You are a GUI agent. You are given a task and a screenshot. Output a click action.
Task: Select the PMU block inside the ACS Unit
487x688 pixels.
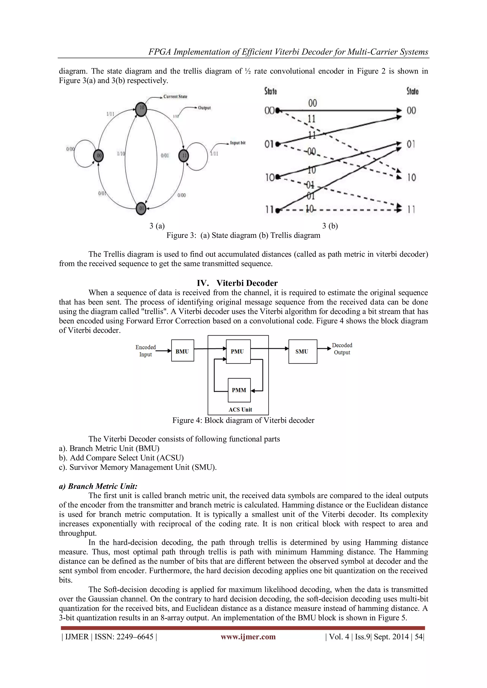pos(238,351)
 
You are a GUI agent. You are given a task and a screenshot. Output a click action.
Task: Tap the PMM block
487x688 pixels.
pos(239,390)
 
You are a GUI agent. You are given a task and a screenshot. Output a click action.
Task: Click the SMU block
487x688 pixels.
pos(302,351)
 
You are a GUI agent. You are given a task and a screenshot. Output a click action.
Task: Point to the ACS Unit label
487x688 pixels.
pos(240,409)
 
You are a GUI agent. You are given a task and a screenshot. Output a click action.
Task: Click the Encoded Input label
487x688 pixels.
pos(146,351)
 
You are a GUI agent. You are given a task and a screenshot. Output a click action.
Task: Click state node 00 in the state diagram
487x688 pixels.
pos(99,155)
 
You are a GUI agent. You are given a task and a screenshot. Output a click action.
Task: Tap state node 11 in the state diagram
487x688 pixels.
pos(184,155)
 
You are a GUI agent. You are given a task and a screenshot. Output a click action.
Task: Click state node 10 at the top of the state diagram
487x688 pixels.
pos(141,109)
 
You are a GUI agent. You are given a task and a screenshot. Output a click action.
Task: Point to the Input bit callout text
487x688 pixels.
pos(238,143)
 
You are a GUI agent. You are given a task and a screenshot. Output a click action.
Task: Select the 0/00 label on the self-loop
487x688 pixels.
pos(70,149)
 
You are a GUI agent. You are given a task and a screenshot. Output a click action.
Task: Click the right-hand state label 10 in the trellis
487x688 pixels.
pos(411,177)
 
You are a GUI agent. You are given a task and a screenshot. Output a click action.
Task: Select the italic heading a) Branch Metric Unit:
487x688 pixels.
pos(98,486)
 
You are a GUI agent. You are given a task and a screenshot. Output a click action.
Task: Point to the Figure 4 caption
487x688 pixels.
pos(243,420)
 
